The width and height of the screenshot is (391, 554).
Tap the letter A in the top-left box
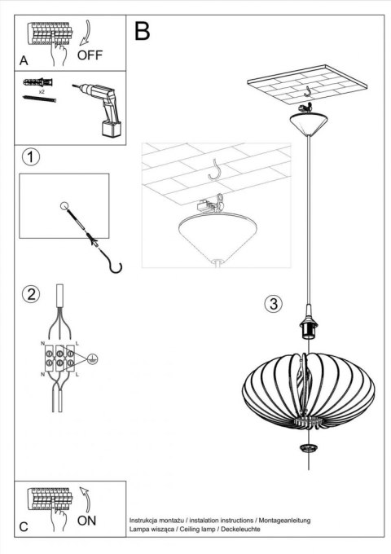25,60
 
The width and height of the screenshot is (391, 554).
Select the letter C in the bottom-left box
24,526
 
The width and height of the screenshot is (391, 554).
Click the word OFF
91,56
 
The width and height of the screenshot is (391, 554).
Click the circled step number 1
31,156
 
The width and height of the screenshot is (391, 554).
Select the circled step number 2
31,294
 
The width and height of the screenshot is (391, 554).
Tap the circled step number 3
274,305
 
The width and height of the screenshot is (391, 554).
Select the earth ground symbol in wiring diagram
93,357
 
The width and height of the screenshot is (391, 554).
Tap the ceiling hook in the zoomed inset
217,170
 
